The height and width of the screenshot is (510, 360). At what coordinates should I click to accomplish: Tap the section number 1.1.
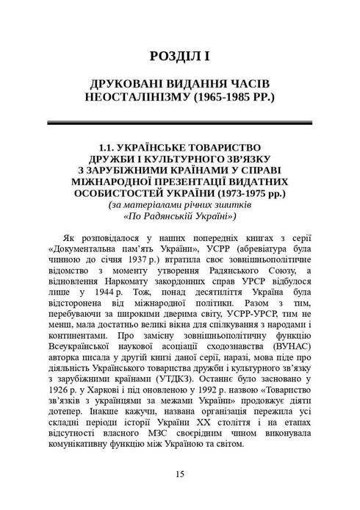coord(107,147)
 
